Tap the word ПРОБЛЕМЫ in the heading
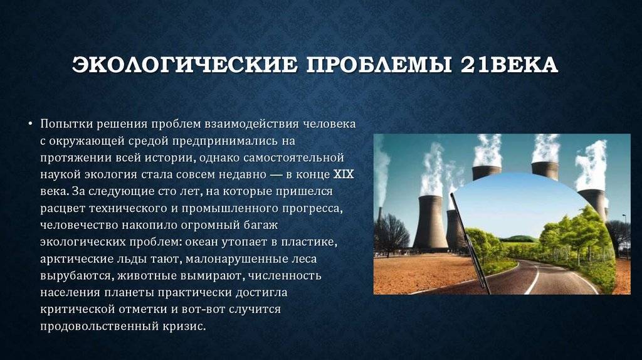tap(379, 65)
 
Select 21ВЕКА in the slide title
tap(509, 65)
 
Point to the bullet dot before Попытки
tap(31, 124)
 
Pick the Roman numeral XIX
tap(344, 174)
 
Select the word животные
tap(140, 275)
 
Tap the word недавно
tap(244, 174)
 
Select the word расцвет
tap(62, 208)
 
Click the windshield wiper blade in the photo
tap(470, 241)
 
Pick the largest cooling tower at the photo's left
tap(430, 223)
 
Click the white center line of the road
tap(533, 278)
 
